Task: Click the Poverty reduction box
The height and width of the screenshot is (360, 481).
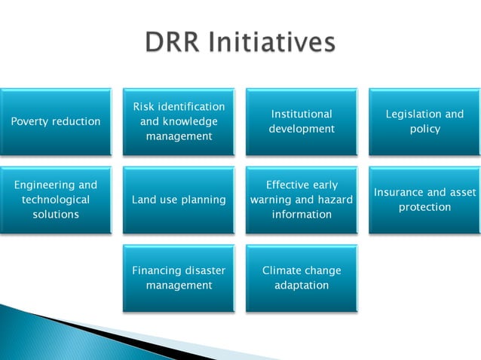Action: (x=56, y=122)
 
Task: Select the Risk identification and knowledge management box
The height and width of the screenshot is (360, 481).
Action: (x=179, y=122)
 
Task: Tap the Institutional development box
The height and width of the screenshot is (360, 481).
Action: (x=302, y=122)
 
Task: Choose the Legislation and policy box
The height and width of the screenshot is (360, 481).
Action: (x=424, y=122)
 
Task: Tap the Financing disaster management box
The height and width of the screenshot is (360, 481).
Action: (x=179, y=278)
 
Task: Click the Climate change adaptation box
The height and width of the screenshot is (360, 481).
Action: (x=302, y=278)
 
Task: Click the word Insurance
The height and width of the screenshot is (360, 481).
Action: (x=400, y=193)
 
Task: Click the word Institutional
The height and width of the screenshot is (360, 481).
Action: (x=302, y=114)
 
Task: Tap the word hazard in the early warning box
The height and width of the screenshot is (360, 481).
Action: (x=335, y=200)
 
